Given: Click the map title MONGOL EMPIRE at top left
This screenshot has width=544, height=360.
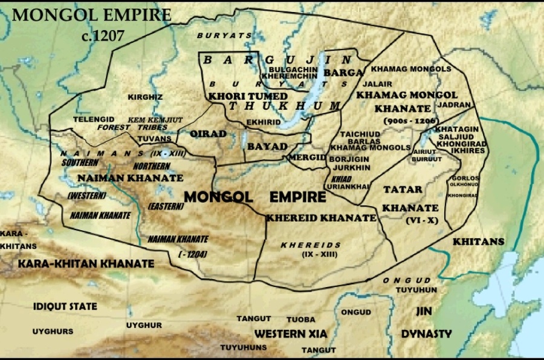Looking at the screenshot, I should pyautogui.click(x=91, y=14).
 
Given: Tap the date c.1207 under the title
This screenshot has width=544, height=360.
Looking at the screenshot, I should pyautogui.click(x=103, y=36).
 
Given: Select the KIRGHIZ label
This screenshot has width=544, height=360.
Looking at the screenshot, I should pyautogui.click(x=145, y=97).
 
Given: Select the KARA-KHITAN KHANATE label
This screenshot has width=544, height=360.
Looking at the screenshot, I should pyautogui.click(x=86, y=264).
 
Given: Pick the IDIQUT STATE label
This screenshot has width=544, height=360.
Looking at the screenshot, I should pyautogui.click(x=65, y=306).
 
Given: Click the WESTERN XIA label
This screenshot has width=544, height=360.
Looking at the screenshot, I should pyautogui.click(x=290, y=333).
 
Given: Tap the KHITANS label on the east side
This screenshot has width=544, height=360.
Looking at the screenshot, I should pyautogui.click(x=478, y=242).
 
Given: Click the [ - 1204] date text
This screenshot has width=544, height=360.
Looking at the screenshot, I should pyautogui.click(x=193, y=255).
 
